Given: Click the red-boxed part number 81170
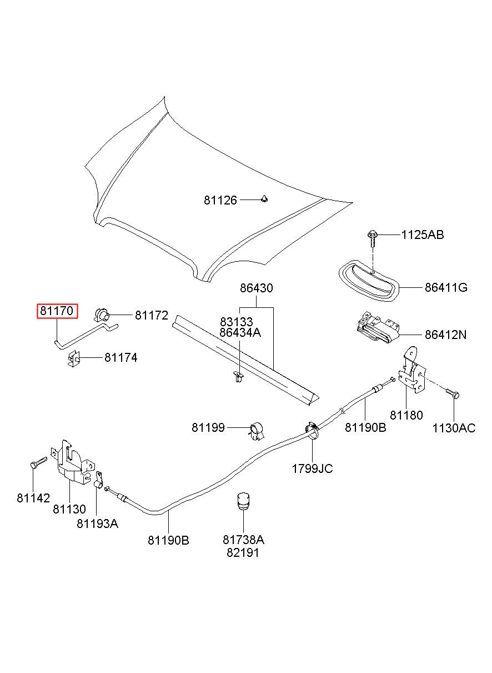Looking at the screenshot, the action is pyautogui.click(x=57, y=311).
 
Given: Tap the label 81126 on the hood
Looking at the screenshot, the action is pyautogui.click(x=220, y=200).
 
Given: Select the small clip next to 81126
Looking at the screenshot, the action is pyautogui.click(x=264, y=198).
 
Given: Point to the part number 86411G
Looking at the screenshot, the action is pyautogui.click(x=446, y=287).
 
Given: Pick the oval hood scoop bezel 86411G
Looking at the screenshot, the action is pyautogui.click(x=369, y=280).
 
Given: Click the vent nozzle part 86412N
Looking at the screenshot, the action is pyautogui.click(x=378, y=328).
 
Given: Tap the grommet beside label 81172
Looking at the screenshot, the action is pyautogui.click(x=102, y=315).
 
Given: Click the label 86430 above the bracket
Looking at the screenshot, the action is pyautogui.click(x=257, y=288).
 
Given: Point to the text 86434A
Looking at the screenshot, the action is pyautogui.click(x=240, y=332).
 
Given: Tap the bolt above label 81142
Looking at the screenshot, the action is pyautogui.click(x=38, y=462).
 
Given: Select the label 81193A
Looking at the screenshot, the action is pyautogui.click(x=98, y=524).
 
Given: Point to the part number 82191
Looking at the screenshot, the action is pyautogui.click(x=243, y=553).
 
